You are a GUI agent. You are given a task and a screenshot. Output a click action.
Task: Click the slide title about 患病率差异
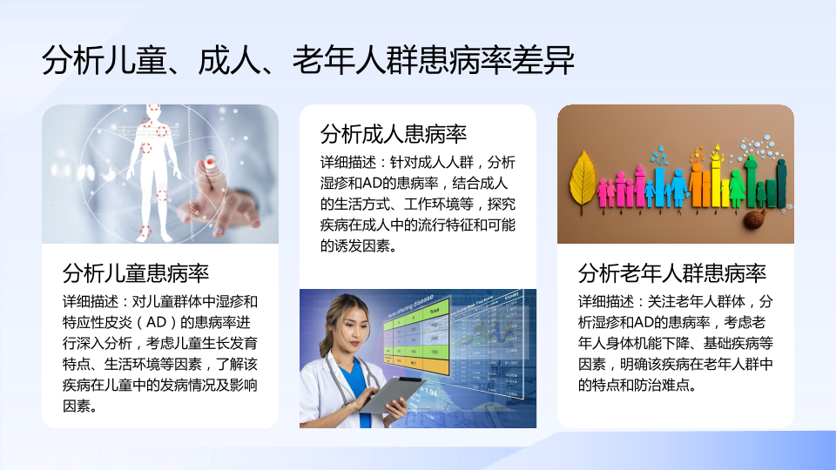click(308, 60)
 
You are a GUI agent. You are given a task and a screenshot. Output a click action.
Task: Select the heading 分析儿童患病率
click(136, 273)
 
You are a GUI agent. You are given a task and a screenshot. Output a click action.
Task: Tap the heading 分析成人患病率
click(394, 134)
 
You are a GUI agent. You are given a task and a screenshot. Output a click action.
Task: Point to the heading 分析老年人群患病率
click(671, 273)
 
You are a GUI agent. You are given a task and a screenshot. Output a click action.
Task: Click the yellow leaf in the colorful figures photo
click(583, 178)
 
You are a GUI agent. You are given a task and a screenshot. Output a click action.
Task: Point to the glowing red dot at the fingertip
click(210, 161)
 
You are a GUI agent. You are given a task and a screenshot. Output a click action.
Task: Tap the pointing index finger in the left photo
click(208, 181)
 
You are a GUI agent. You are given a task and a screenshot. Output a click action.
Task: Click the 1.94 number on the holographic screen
click(428, 393)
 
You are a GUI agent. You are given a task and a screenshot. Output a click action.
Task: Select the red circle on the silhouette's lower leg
click(145, 230)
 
